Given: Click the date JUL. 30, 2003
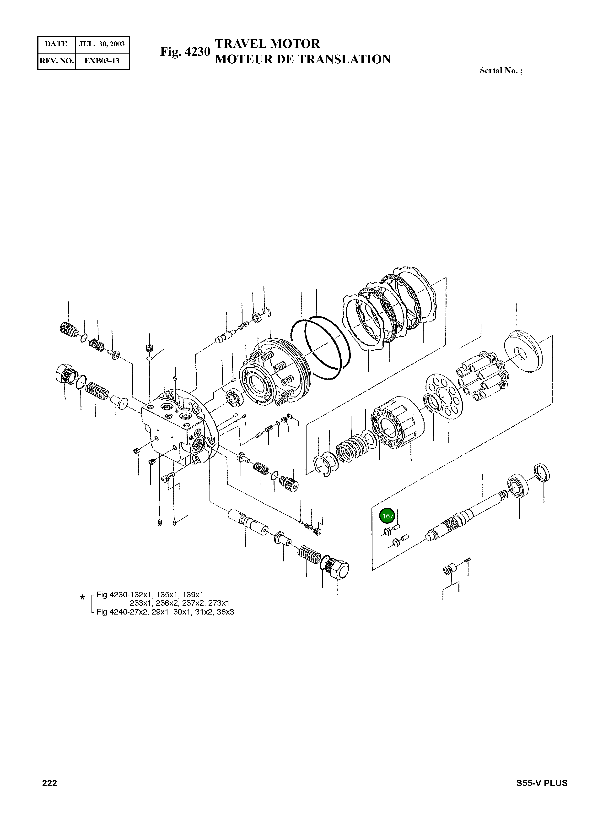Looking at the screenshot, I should (102, 44).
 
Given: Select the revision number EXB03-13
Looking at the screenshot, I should (102, 61).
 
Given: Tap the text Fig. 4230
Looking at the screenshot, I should (185, 52).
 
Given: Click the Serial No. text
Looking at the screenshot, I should (501, 71).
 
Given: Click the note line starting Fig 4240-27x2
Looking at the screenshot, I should (165, 612).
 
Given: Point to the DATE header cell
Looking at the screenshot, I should (56, 44).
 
